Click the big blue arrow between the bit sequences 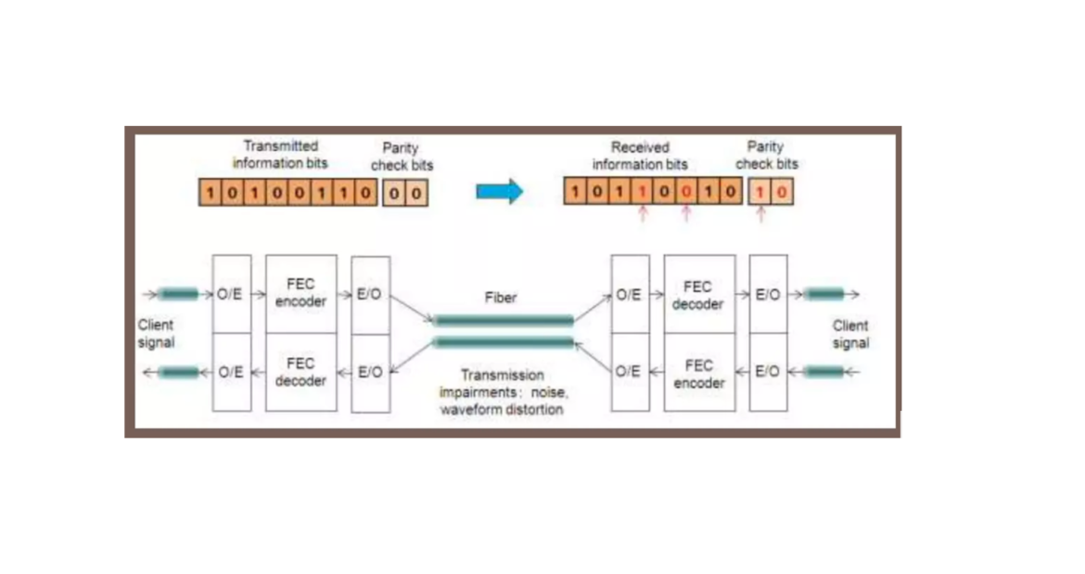click(499, 192)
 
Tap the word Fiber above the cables click(501, 298)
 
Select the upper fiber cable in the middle click(504, 321)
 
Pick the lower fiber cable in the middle click(504, 342)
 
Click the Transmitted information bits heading click(280, 154)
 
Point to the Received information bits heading click(640, 155)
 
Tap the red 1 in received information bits click(642, 192)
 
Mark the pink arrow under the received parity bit click(760, 214)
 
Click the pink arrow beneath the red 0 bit click(686, 214)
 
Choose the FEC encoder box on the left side click(300, 294)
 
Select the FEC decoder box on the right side click(698, 295)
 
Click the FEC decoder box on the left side click(300, 372)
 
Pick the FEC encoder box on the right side click(698, 373)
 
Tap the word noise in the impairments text click(549, 392)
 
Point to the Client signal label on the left click(156, 334)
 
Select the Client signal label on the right click(849, 334)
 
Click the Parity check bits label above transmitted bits click(402, 156)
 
